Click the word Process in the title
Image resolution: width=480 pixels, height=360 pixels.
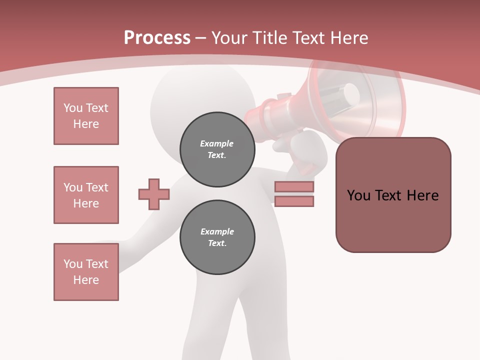[157, 38]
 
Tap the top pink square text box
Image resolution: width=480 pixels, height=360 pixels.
[86, 116]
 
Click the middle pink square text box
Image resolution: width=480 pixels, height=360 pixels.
[86, 195]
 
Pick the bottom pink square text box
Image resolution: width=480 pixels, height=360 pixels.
[86, 272]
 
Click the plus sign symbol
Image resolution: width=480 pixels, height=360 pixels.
[154, 194]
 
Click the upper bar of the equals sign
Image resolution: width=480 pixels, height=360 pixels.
[294, 187]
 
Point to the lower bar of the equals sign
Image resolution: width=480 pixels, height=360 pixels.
[294, 201]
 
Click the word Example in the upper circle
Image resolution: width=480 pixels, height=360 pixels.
[216, 143]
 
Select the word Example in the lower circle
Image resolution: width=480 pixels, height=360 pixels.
[217, 231]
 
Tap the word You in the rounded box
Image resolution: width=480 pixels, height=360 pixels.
[358, 195]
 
